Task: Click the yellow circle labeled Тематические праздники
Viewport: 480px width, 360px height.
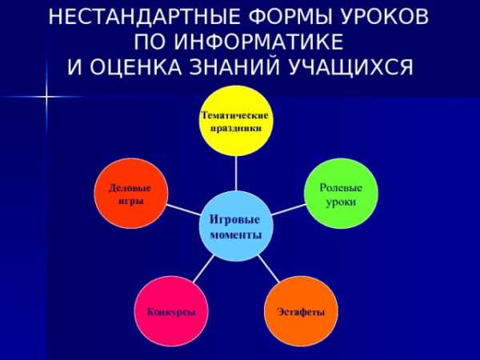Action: click(x=236, y=121)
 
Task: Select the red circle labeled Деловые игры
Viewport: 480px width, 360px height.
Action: click(x=131, y=193)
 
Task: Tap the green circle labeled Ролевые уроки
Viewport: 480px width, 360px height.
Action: click(x=341, y=193)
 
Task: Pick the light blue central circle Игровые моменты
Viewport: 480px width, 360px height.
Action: click(x=236, y=226)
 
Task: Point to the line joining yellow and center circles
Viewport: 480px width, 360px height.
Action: click(x=236, y=174)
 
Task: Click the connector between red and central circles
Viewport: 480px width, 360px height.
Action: click(x=183, y=210)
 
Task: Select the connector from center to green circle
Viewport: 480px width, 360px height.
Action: click(x=289, y=210)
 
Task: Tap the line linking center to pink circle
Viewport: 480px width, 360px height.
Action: click(x=203, y=269)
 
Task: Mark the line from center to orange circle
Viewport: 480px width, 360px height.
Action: click(x=269, y=269)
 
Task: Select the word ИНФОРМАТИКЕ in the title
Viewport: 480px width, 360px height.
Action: click(x=259, y=42)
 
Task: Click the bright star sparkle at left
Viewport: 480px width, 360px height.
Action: click(x=46, y=97)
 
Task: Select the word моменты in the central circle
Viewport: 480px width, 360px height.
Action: click(x=236, y=235)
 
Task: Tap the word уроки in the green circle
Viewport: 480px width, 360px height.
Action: click(x=341, y=202)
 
